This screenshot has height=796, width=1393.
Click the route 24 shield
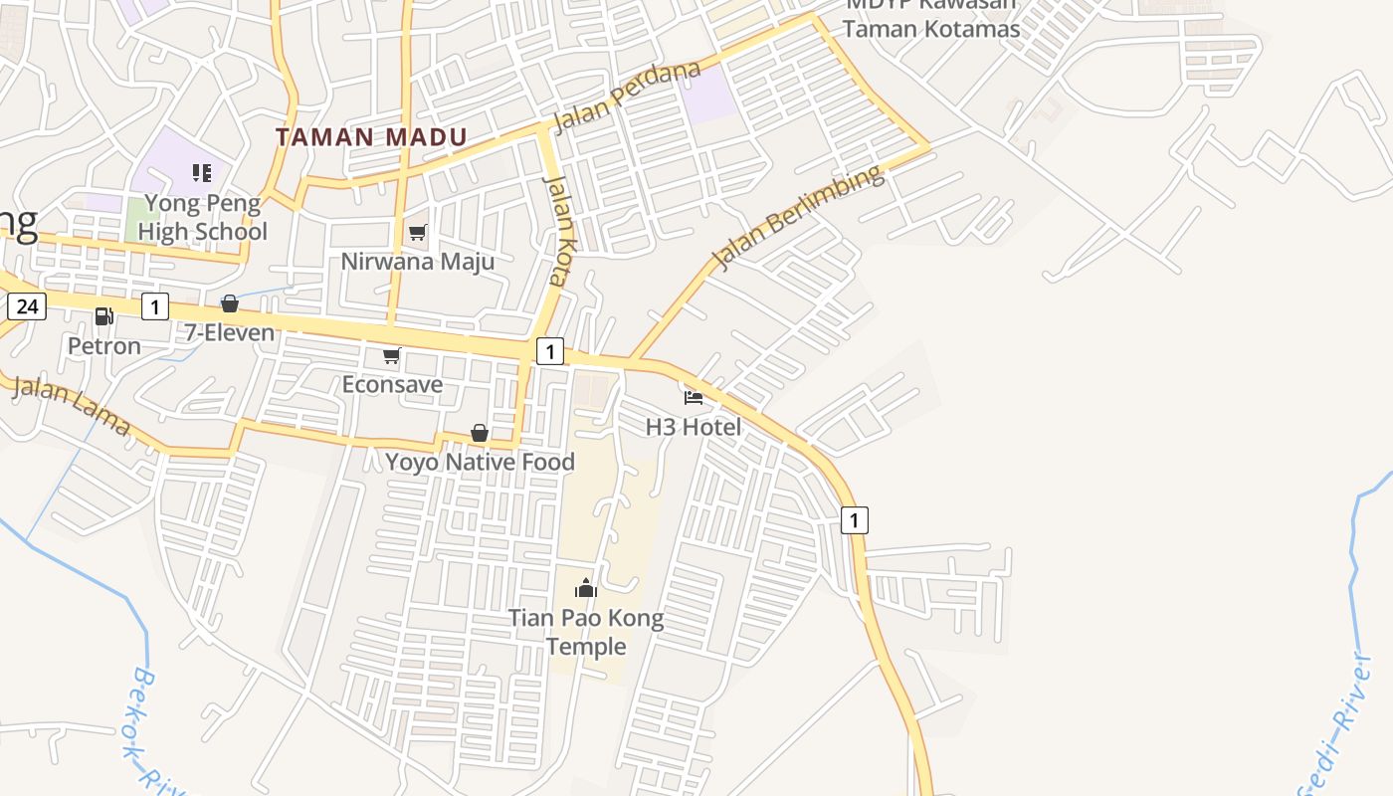tap(27, 306)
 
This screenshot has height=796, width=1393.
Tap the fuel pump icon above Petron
tap(103, 316)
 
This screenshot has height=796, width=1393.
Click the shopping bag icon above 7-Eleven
tap(230, 303)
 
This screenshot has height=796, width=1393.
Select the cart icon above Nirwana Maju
tap(418, 233)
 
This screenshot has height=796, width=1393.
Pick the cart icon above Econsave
tap(392, 355)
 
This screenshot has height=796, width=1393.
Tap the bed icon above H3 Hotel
tap(694, 398)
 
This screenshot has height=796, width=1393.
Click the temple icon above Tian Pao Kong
tap(586, 588)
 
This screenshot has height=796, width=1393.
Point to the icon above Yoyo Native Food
tap(480, 433)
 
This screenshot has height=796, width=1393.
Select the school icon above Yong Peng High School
tap(202, 173)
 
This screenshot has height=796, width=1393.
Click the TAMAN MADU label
tap(371, 137)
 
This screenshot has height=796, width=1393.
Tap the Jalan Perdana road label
tap(626, 98)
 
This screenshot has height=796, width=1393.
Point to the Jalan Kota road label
tap(557, 231)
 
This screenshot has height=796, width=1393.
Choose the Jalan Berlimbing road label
tap(798, 219)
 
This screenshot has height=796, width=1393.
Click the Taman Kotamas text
tap(931, 29)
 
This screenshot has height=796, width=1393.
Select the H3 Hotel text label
tap(694, 427)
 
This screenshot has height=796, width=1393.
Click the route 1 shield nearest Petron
tap(154, 306)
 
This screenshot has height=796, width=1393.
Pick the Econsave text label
tap(392, 384)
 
